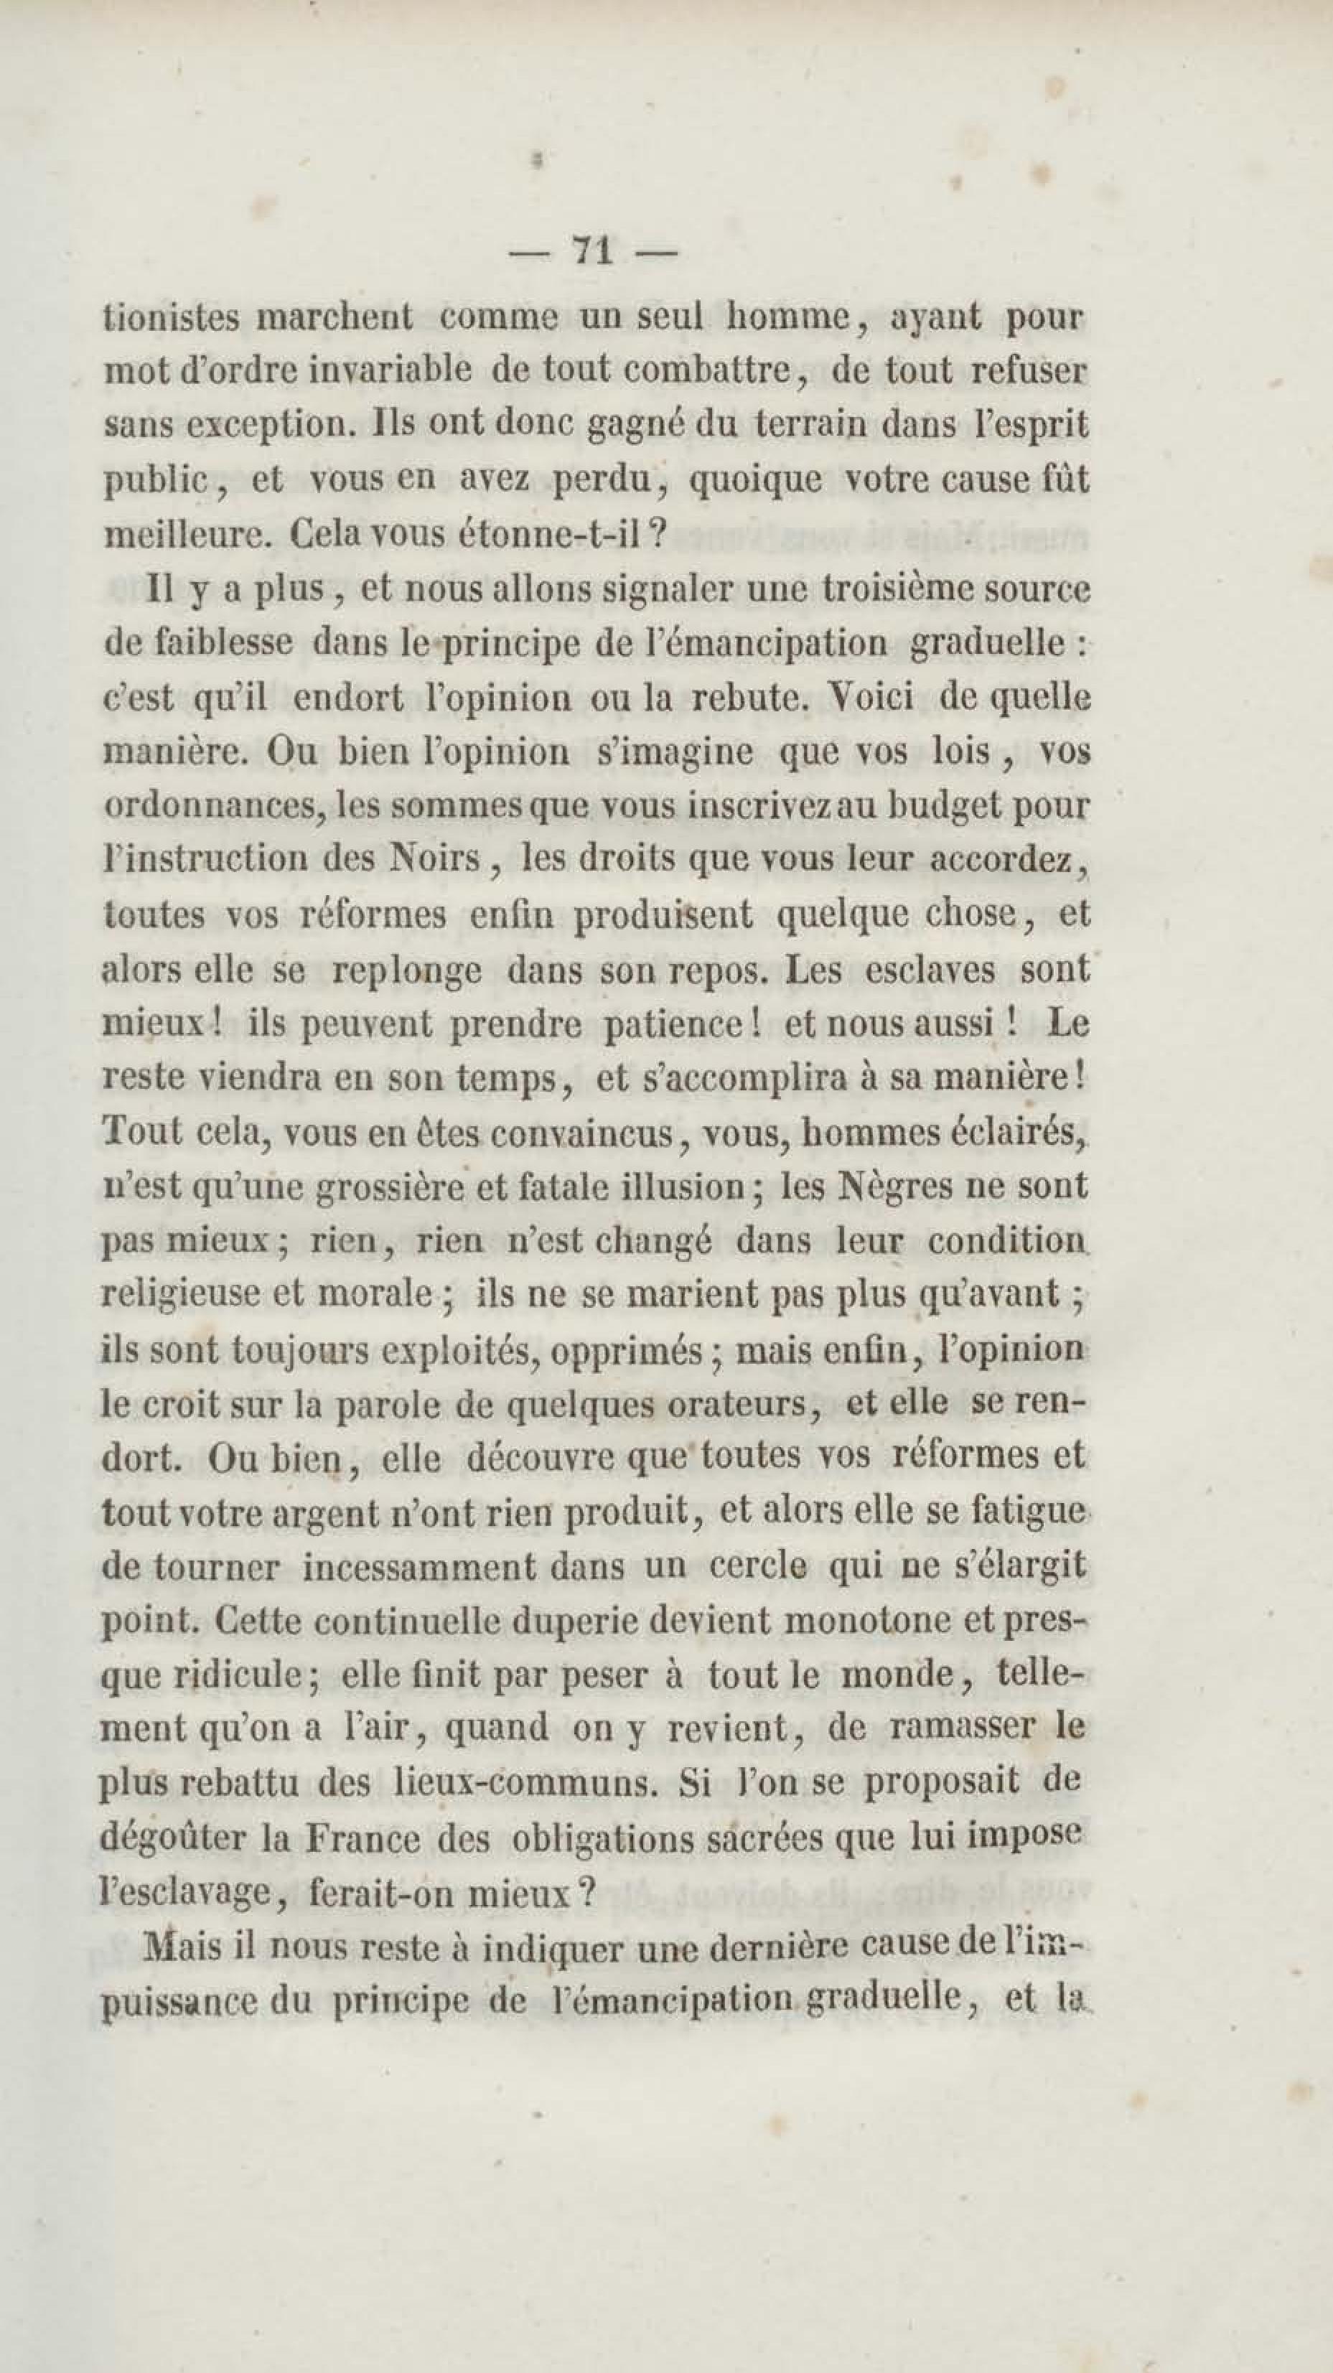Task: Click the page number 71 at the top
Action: pos(592,251)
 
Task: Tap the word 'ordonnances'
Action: pos(212,807)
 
